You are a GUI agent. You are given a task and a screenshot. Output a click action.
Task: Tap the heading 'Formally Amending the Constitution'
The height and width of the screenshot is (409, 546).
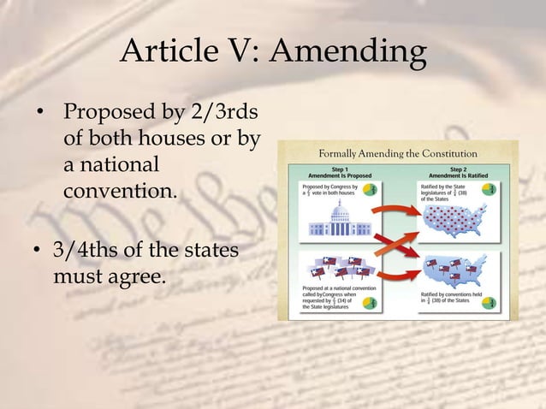(x=398, y=153)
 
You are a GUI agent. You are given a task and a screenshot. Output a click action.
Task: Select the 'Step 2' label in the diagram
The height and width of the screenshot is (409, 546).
(x=458, y=169)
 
